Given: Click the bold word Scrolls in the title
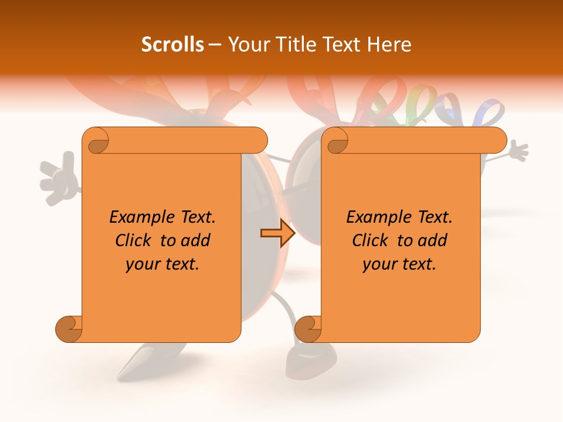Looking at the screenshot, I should pyautogui.click(x=172, y=44).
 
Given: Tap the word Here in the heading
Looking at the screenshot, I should pyautogui.click(x=390, y=44).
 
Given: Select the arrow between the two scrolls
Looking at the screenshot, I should pyautogui.click(x=277, y=233).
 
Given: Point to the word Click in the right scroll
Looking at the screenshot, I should pyautogui.click(x=371, y=240).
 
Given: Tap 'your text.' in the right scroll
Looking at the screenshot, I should pyautogui.click(x=399, y=264).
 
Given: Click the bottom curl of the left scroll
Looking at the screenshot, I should pyautogui.click(x=69, y=329).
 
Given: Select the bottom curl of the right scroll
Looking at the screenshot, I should pyautogui.click(x=308, y=329).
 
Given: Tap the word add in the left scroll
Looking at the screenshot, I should pyautogui.click(x=196, y=240).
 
